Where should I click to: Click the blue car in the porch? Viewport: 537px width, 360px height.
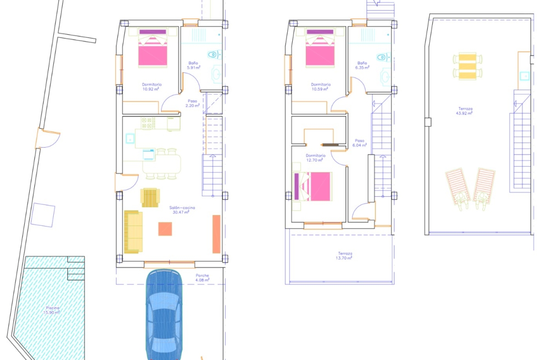[x=164, y=315]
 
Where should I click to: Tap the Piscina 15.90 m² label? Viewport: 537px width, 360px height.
[x=52, y=310]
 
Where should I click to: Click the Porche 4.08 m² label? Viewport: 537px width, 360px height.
[x=202, y=277]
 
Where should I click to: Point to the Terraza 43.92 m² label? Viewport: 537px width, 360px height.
[x=465, y=111]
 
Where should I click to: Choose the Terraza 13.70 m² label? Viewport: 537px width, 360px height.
[x=345, y=255]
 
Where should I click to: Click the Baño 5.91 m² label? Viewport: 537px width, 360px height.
[x=193, y=66]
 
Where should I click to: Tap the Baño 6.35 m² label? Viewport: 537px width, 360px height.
[x=362, y=66]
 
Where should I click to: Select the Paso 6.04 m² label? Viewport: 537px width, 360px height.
[x=359, y=143]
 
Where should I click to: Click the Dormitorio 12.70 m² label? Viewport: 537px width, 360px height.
[x=315, y=158]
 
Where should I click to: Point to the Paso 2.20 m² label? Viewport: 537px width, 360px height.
[x=192, y=103]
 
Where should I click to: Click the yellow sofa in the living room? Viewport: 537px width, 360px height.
[x=133, y=232]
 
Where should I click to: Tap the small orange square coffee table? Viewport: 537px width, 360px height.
[x=165, y=229]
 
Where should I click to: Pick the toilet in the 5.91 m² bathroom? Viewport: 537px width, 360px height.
[x=214, y=55]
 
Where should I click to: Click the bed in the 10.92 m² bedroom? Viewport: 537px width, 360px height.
[x=153, y=48]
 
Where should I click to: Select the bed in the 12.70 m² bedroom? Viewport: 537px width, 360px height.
[x=313, y=187]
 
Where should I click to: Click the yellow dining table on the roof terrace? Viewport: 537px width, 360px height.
[x=468, y=66]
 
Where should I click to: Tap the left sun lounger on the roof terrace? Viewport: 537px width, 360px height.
[x=457, y=188]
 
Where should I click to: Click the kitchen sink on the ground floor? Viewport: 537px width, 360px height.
[x=130, y=138]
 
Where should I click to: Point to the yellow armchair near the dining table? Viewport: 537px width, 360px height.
[x=150, y=198]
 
